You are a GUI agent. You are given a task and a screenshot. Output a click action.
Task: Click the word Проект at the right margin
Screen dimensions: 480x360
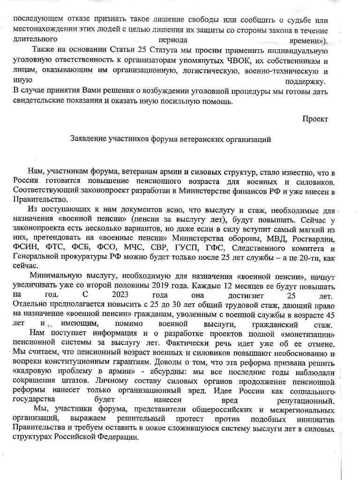(x=315, y=119)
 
